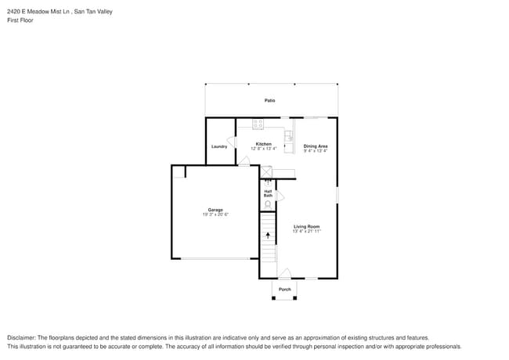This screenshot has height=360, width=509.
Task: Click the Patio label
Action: click(x=269, y=100)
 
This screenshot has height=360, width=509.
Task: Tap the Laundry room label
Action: click(x=219, y=146)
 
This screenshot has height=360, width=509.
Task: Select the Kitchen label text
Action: click(x=263, y=144)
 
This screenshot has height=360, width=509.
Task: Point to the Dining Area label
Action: click(x=316, y=146)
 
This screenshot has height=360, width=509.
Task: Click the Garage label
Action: click(x=215, y=210)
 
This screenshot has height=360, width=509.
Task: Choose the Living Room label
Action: click(x=307, y=227)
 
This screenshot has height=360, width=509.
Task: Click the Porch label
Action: click(x=285, y=290)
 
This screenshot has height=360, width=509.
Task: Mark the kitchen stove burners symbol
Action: click(x=258, y=124)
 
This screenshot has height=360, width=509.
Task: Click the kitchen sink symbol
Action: click(x=288, y=136)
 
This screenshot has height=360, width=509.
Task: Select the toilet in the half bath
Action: click(x=269, y=205)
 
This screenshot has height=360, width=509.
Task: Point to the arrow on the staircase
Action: click(x=268, y=234)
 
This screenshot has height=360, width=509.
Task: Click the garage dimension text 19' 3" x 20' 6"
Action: click(x=215, y=214)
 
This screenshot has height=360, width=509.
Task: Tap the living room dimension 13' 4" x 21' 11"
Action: click(x=307, y=232)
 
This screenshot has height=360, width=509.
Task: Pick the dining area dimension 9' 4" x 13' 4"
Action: click(x=316, y=151)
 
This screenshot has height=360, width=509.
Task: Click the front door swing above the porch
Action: click(x=285, y=273)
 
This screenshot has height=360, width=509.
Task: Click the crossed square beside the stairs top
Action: click(x=266, y=172)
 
